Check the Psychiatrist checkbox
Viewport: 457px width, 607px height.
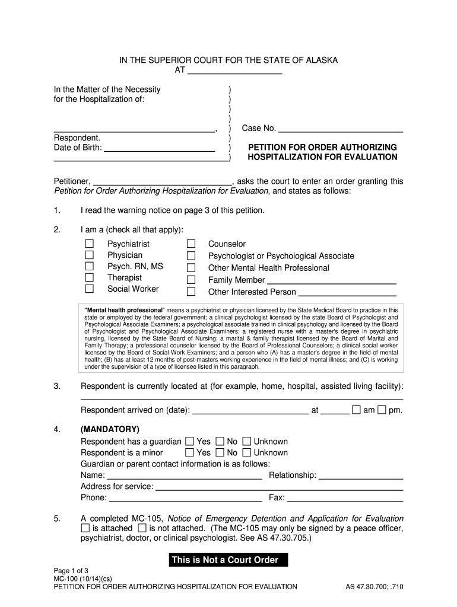pyautogui.click(x=90, y=244)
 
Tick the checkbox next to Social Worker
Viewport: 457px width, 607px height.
pyautogui.click(x=90, y=289)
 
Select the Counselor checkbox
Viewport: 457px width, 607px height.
pyautogui.click(x=191, y=244)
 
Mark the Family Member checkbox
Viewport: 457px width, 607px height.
pyautogui.click(x=191, y=280)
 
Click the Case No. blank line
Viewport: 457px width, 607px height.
pyautogui.click(x=341, y=128)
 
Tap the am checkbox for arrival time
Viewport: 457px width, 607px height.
pyautogui.click(x=356, y=410)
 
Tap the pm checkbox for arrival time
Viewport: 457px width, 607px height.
pyautogui.click(x=382, y=410)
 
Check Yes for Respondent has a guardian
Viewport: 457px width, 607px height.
pyautogui.click(x=189, y=441)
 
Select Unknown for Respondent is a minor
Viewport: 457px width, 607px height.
pyautogui.click(x=247, y=452)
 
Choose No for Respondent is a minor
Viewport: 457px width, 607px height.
pyautogui.click(x=220, y=452)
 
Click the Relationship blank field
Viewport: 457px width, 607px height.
pyautogui.click(x=361, y=475)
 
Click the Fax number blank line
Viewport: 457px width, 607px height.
pyautogui.click(x=345, y=498)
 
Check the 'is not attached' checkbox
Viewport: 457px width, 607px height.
pyautogui.click(x=142, y=528)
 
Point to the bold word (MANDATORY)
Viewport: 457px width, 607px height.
pyautogui.click(x=110, y=429)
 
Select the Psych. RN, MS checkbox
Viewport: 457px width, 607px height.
pyautogui.click(x=90, y=267)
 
